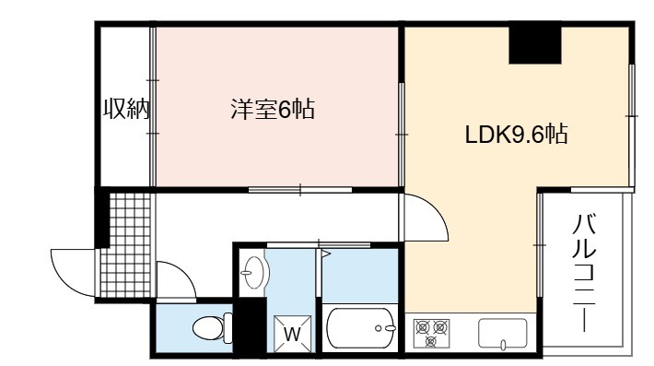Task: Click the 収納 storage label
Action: pos(126,109)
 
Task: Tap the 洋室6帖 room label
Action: pos(273,109)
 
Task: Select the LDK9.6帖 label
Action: pos(516,135)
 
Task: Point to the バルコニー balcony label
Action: pos(584,274)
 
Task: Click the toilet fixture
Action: pos(213,327)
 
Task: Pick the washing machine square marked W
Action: pos(292,334)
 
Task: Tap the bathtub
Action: pos(361,328)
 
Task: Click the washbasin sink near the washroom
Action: pos(254,273)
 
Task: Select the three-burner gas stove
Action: pos(431,333)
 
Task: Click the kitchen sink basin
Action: pos(503,333)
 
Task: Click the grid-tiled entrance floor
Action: pos(126,244)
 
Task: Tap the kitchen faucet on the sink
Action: pos(503,344)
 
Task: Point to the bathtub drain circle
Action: pos(379,328)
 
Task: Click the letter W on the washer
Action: pos(292,334)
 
